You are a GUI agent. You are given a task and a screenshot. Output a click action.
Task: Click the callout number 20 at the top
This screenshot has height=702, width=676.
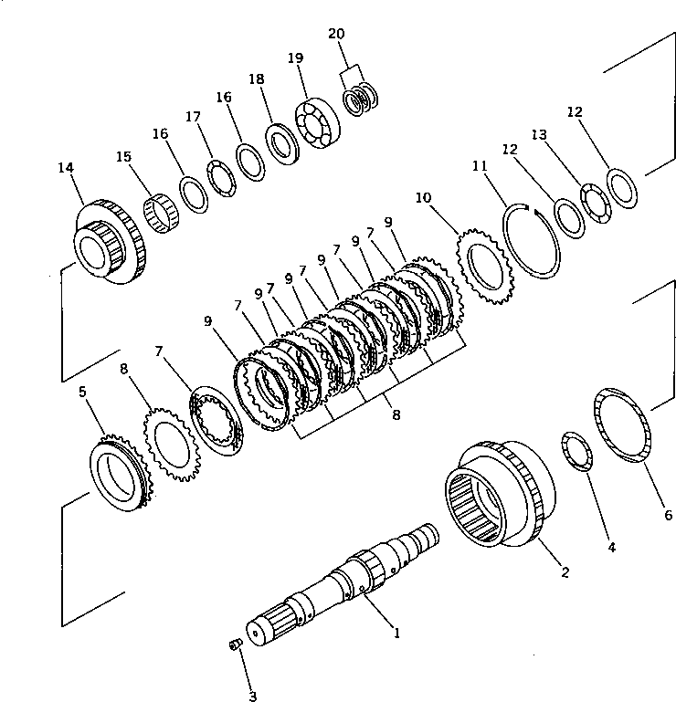pos(336,34)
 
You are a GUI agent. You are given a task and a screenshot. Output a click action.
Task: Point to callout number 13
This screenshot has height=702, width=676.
pos(540,135)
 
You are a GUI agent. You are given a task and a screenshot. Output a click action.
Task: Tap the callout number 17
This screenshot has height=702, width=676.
pos(192,117)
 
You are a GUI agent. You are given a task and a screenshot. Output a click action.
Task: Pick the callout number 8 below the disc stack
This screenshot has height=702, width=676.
pos(396,414)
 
